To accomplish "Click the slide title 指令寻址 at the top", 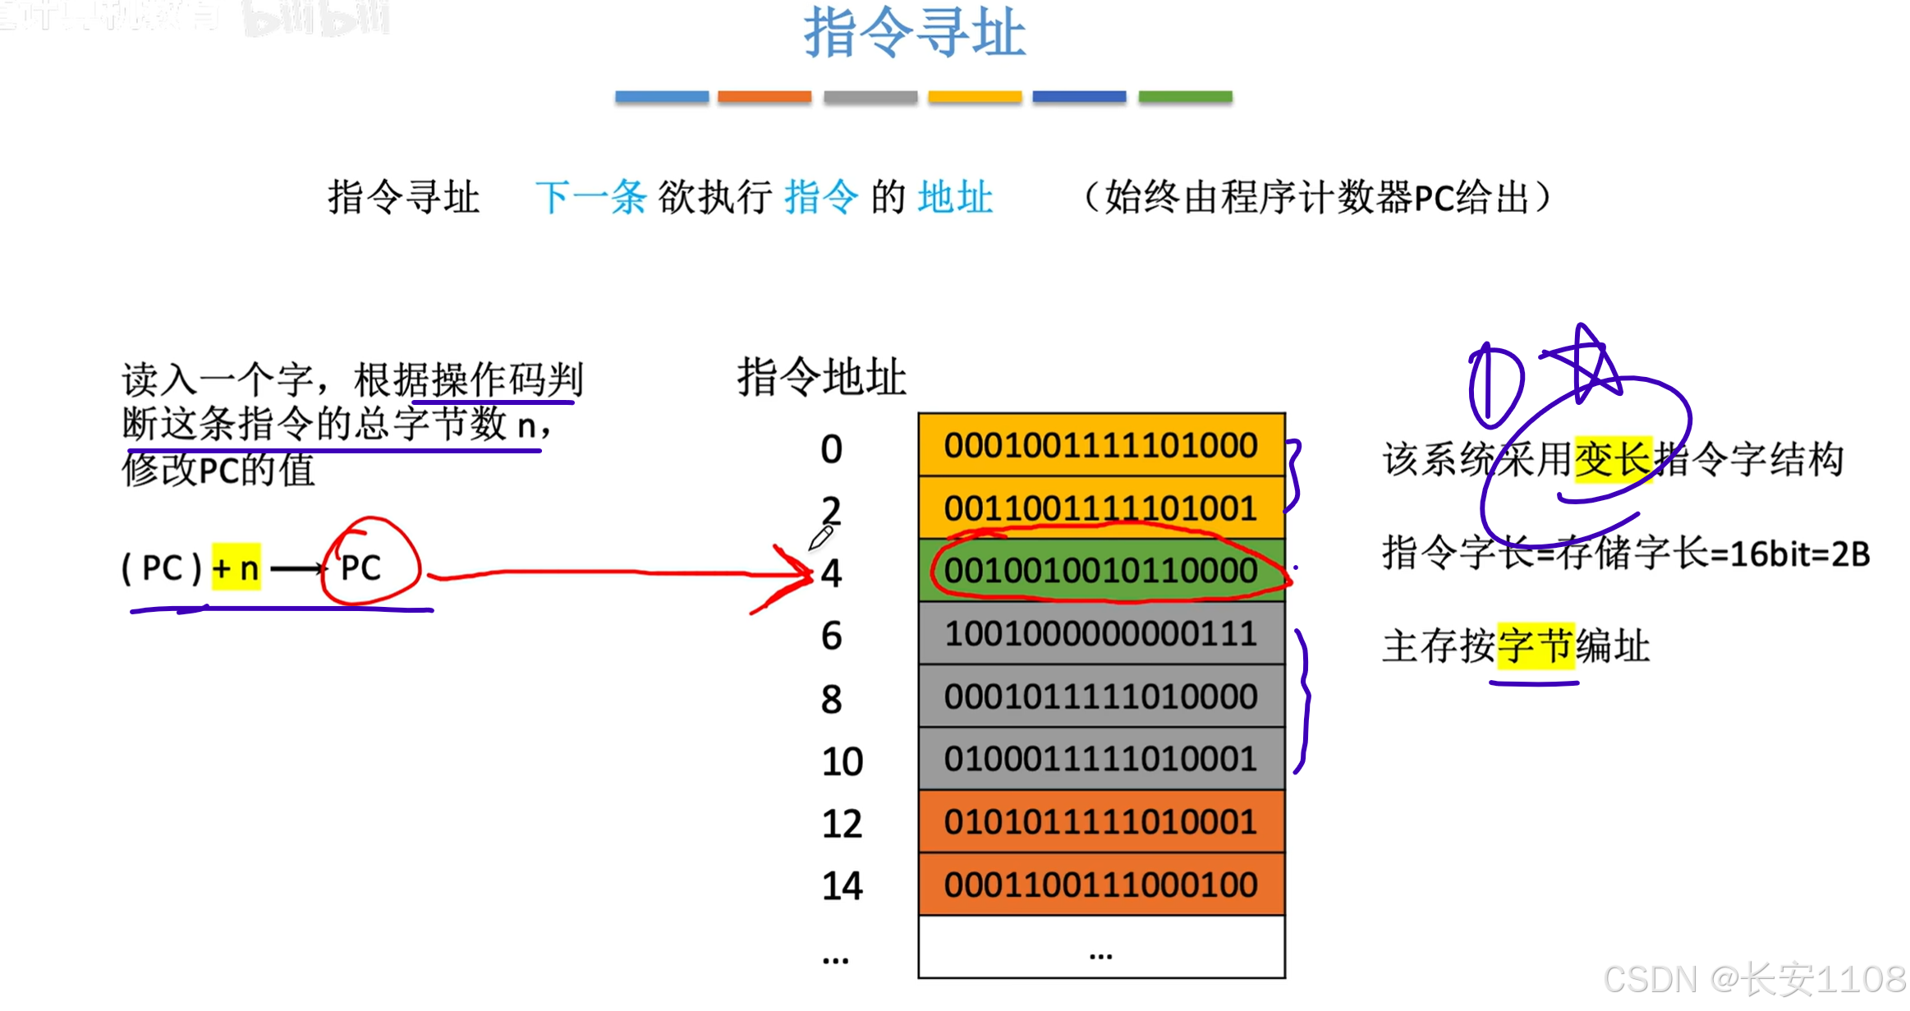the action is click(914, 33).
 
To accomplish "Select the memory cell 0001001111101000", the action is click(1100, 445).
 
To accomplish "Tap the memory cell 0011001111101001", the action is click(1100, 508).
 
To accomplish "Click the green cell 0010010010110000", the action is click(1100, 571).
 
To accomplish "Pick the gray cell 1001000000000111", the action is click(1100, 633).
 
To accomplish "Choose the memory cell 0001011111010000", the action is click(1100, 696).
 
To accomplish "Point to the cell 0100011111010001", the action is click(1100, 759).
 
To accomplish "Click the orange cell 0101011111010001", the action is click(1100, 822).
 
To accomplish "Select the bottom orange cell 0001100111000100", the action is click(1100, 885).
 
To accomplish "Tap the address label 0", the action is click(831, 449).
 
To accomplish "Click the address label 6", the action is click(831, 636).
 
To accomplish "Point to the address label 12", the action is click(842, 824).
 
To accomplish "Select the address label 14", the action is click(842, 886).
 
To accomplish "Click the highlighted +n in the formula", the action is click(236, 568).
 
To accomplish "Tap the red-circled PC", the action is click(361, 568).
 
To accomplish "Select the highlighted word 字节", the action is click(1535, 646).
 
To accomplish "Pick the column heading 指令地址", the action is click(821, 378).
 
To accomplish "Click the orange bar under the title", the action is click(764, 97).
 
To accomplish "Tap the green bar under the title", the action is click(1185, 97).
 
